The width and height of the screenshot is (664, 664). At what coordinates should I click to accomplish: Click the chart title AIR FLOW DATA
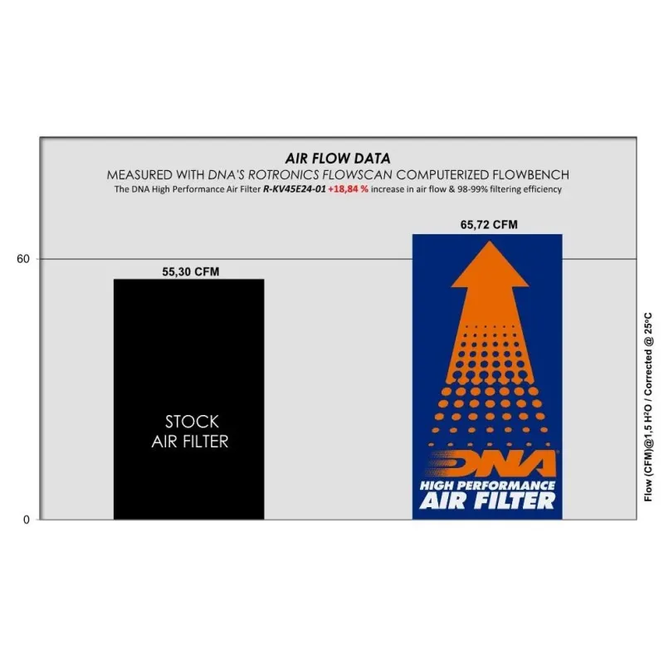(338, 159)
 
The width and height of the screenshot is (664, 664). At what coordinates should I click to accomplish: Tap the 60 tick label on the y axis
(23, 259)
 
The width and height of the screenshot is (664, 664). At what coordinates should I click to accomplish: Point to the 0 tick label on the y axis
(27, 520)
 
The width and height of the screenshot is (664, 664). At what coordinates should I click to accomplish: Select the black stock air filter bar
(189, 399)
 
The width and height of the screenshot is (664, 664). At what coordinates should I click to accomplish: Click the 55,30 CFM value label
(191, 272)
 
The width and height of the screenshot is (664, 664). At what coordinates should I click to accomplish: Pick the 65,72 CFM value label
(489, 224)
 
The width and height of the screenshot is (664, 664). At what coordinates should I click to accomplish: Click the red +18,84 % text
(348, 189)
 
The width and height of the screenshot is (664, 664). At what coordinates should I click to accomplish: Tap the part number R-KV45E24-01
(295, 189)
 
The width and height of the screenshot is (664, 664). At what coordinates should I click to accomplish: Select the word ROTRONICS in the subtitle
(283, 175)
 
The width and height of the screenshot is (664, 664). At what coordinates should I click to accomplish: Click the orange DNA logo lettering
(491, 464)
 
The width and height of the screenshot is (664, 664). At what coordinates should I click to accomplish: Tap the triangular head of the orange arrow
(490, 264)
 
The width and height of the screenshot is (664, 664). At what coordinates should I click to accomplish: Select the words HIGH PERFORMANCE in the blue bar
(487, 486)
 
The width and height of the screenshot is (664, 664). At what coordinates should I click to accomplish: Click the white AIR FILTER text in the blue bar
(487, 501)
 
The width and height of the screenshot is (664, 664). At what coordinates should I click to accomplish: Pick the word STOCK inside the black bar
(192, 422)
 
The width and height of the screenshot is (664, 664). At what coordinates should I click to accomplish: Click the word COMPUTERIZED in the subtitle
(442, 175)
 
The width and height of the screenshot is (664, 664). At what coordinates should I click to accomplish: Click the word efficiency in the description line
(543, 189)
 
